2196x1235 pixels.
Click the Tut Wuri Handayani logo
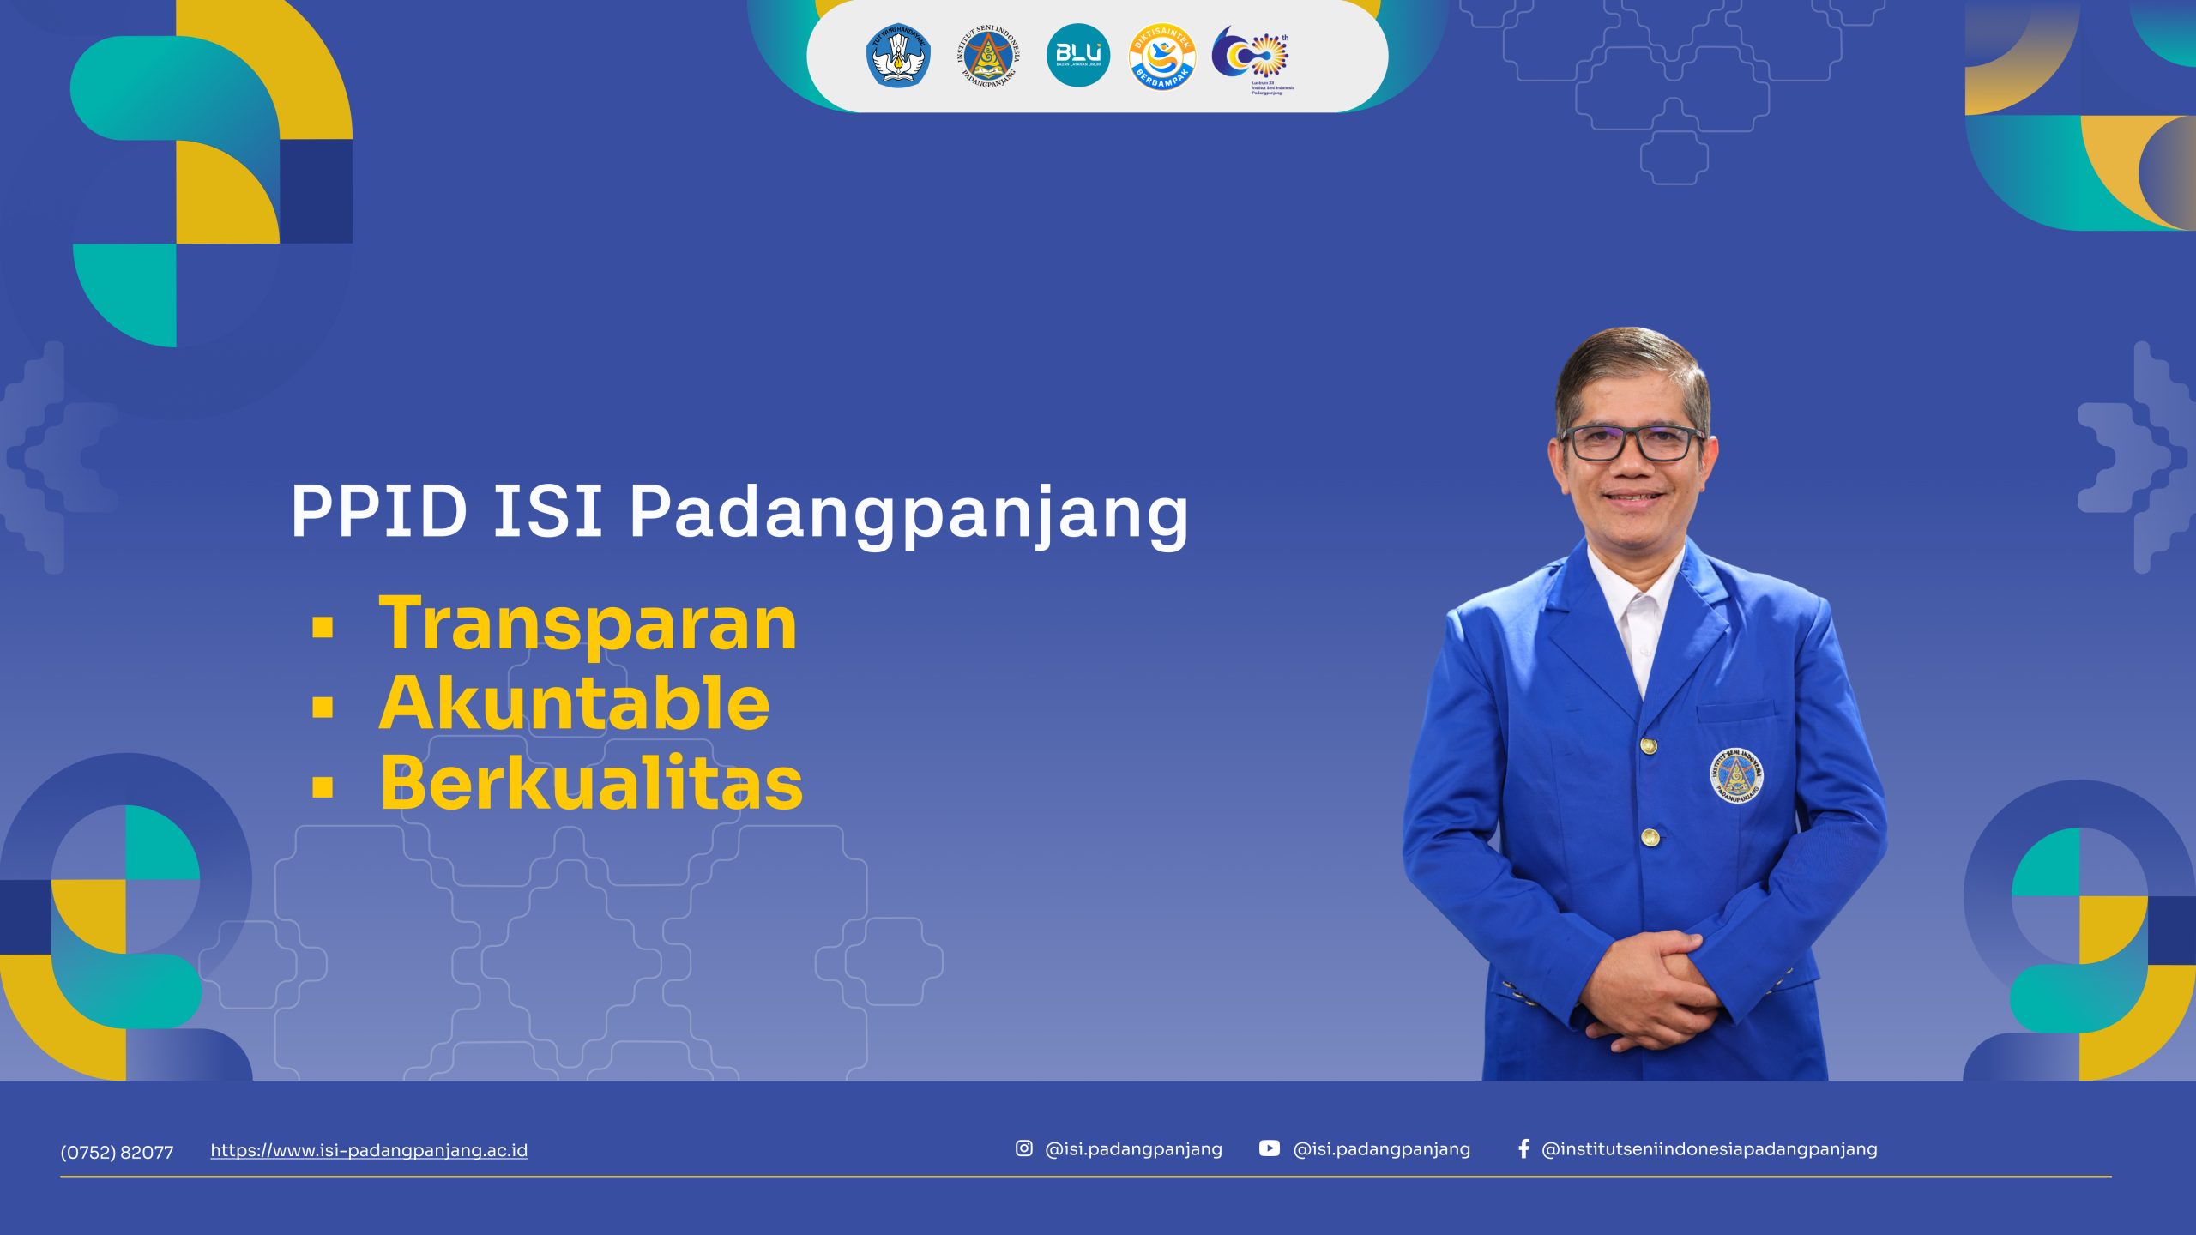898,56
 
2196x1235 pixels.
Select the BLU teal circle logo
1078,56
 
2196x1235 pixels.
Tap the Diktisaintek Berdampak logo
1162,57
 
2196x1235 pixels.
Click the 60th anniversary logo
1252,57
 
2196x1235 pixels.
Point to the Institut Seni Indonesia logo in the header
988,56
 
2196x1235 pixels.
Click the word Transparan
588,624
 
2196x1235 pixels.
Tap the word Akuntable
574,703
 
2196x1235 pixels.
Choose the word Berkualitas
591,783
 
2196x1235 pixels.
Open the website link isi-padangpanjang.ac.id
369,1151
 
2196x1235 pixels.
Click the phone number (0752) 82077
117,1152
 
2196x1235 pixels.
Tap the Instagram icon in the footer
1024,1148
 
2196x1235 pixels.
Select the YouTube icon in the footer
1270,1148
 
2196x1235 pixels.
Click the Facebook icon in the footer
1523,1148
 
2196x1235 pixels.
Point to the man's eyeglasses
1631,443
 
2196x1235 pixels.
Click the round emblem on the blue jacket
1736,776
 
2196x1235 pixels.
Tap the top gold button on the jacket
1648,745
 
